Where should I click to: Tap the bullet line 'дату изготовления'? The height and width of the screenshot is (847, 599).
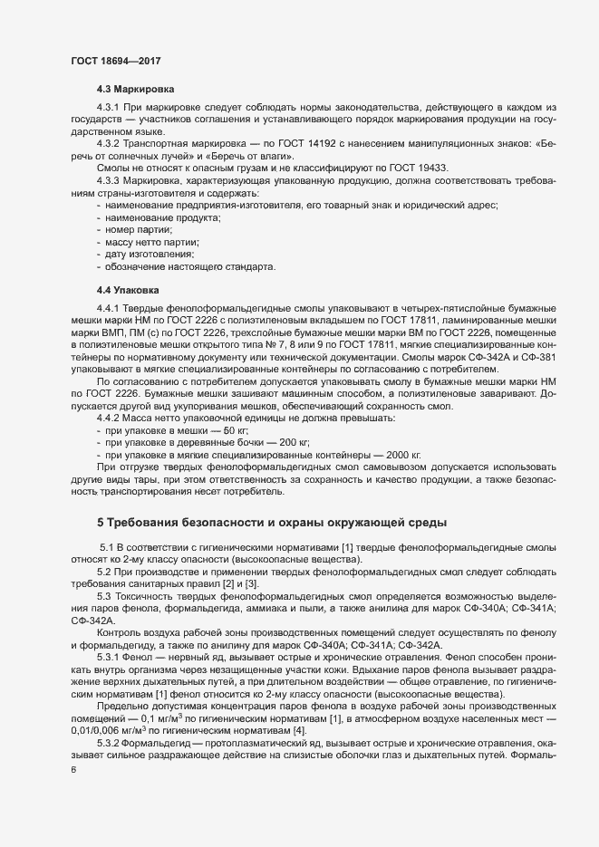(150, 255)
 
